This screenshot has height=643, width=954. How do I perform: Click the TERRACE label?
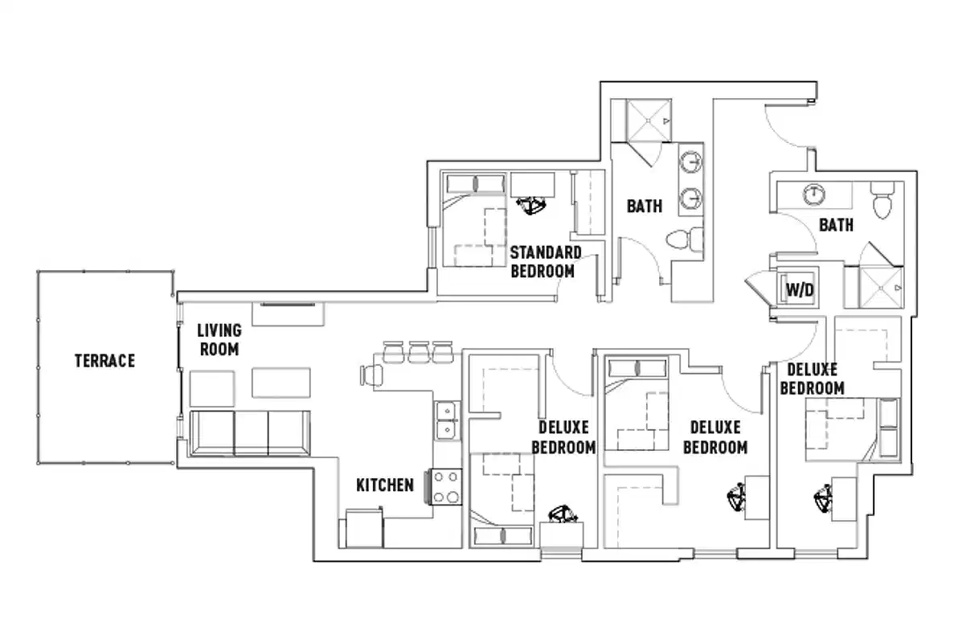pos(104,361)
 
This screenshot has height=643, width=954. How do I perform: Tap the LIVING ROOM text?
pos(219,340)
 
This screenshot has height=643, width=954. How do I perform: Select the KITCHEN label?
pos(385,485)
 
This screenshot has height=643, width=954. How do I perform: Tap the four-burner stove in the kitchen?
pos(445,486)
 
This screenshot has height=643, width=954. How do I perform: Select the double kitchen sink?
pos(445,420)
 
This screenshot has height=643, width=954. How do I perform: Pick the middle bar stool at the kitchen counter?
pos(417,351)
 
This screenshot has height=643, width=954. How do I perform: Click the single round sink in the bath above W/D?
pos(813,193)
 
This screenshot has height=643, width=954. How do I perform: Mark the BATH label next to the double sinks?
pos(645,206)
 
